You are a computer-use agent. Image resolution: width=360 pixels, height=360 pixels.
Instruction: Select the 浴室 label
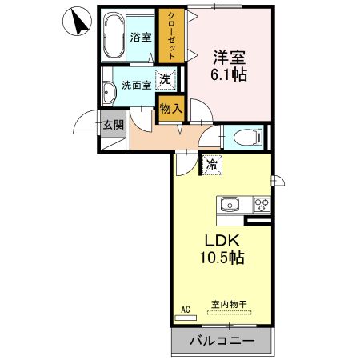(142, 36)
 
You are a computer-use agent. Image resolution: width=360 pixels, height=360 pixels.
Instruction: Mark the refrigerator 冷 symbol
(212, 165)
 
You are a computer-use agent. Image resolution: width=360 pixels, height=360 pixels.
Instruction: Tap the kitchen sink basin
(231, 204)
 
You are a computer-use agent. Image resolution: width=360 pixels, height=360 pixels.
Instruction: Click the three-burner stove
(262, 204)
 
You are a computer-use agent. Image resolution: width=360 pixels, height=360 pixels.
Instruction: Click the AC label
(186, 308)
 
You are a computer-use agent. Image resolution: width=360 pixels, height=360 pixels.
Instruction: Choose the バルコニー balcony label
(222, 342)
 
